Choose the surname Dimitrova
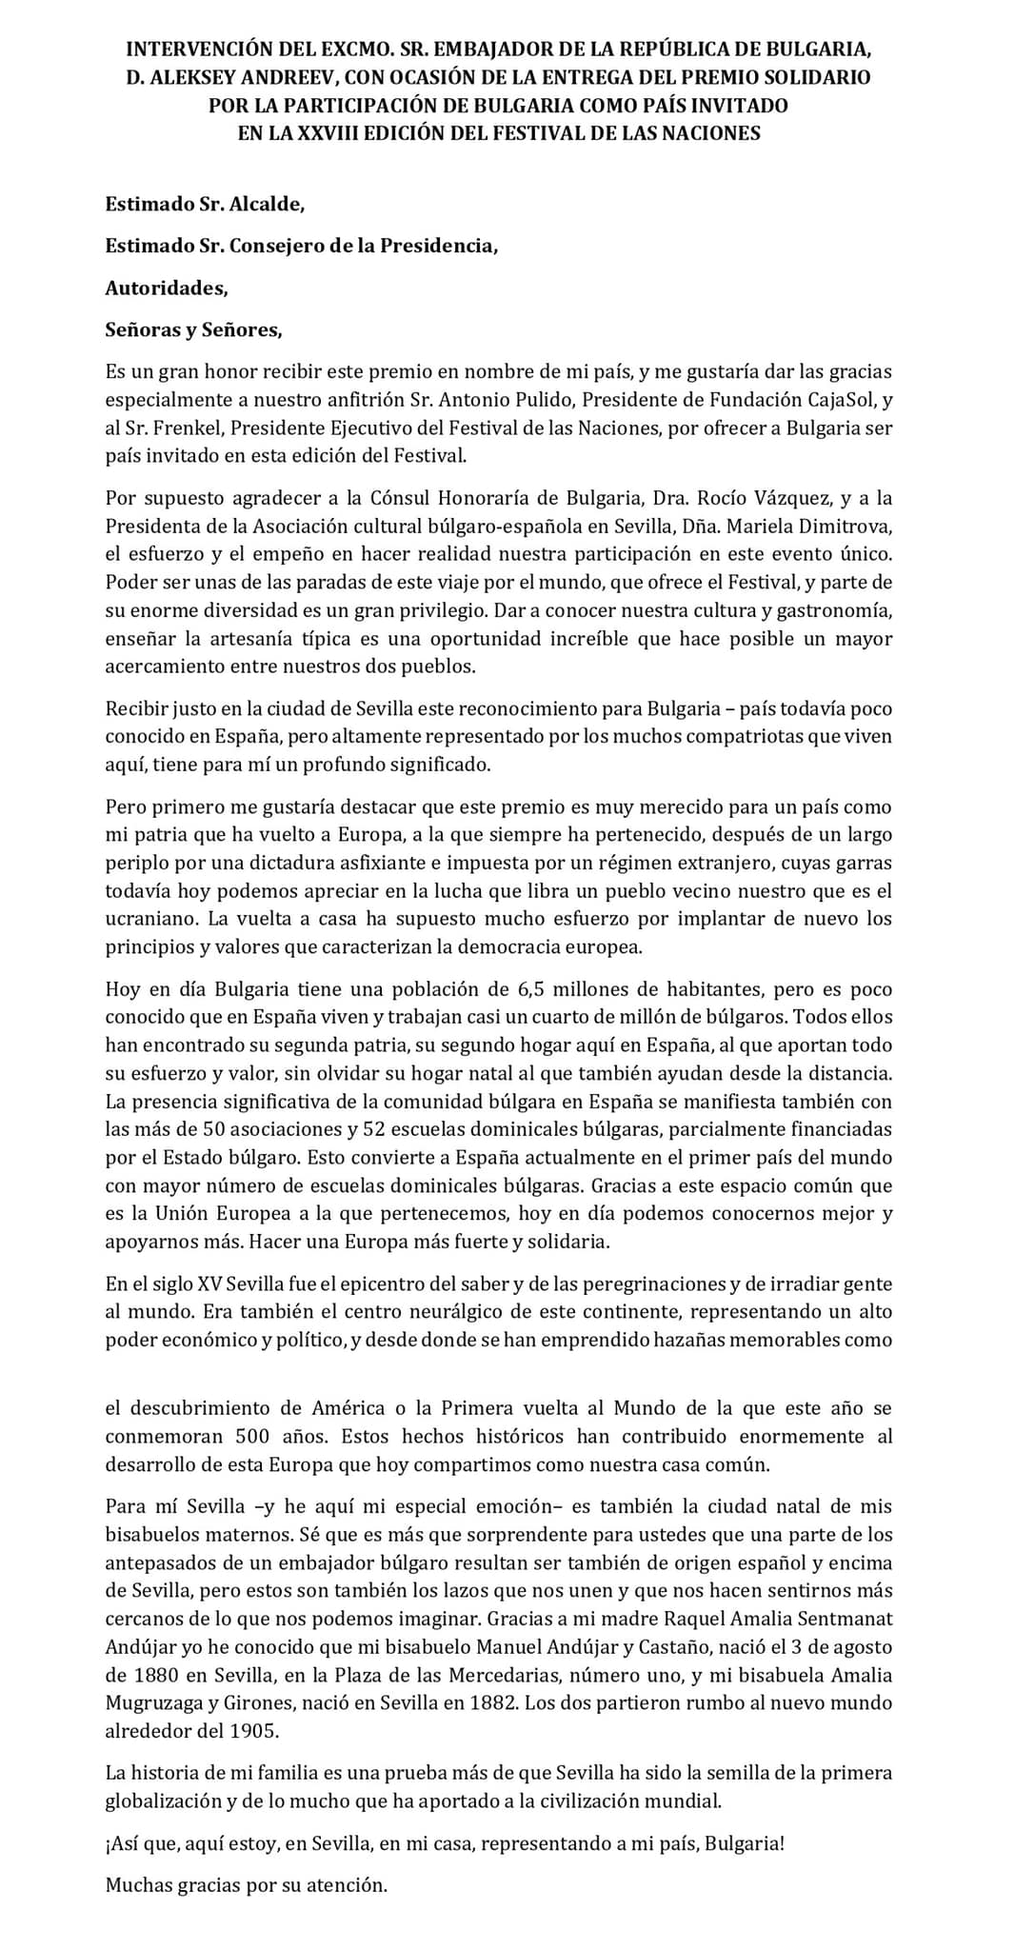point(845,526)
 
